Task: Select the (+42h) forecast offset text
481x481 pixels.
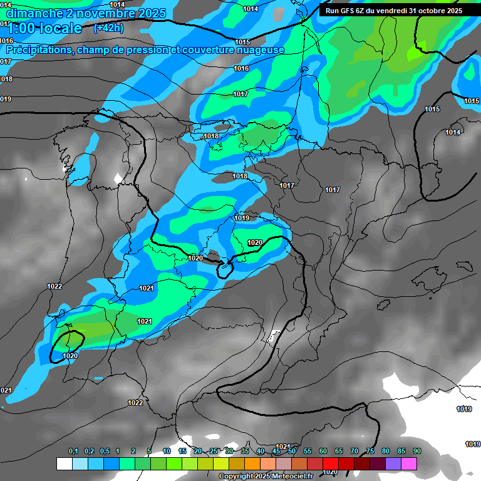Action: pos(108,28)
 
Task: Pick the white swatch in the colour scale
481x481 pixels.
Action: pos(64,464)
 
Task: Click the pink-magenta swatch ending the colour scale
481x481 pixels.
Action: pos(409,464)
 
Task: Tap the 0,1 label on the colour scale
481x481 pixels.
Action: pos(73,452)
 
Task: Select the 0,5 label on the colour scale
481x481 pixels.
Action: pos(104,452)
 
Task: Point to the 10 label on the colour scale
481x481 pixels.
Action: pos(167,452)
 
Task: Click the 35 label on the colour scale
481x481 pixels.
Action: pos(245,452)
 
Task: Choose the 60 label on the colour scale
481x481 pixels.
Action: pos(323,452)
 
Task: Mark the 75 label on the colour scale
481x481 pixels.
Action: pos(370,452)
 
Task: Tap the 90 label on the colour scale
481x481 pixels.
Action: pos(417,452)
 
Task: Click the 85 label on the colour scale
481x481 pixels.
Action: pos(401,452)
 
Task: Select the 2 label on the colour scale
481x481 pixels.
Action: pos(133,452)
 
